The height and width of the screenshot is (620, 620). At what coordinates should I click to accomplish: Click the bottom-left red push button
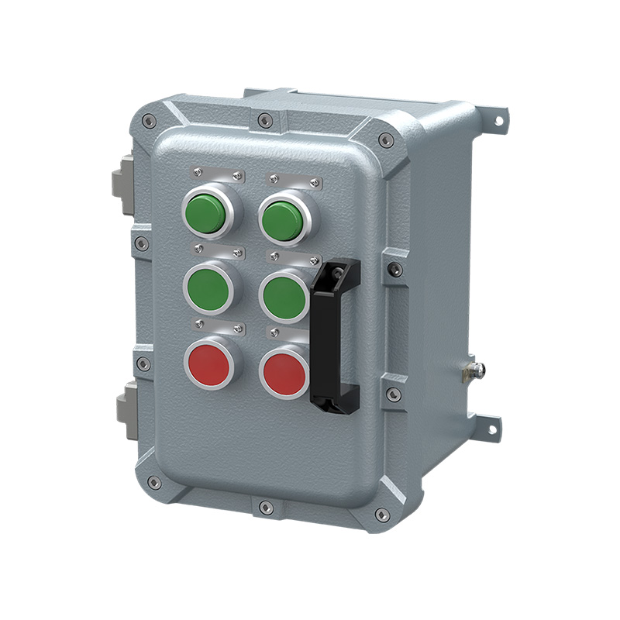pos(208,363)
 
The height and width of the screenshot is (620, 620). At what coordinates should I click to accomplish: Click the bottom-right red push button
pos(284,373)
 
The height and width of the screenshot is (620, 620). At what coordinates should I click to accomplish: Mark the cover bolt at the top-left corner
pos(151,121)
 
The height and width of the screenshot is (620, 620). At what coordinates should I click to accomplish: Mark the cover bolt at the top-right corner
pos(385,140)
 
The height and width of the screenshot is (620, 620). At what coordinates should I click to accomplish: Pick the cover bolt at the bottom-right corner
pos(381,514)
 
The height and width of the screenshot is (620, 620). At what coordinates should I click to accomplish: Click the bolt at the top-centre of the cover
pos(266,120)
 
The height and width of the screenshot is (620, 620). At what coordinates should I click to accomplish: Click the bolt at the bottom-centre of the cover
pos(267,508)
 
